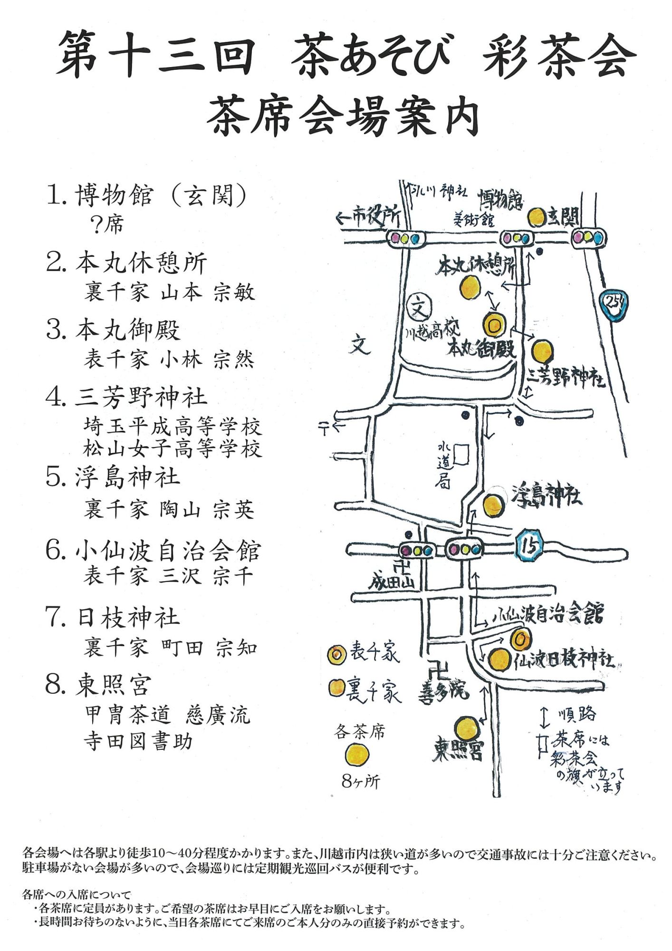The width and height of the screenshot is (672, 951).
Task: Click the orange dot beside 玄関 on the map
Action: [x=537, y=217]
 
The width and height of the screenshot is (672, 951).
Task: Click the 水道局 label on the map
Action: [x=443, y=466]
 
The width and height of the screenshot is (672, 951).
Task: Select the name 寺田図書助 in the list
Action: [x=138, y=742]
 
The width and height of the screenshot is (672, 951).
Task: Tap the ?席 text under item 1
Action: [x=108, y=224]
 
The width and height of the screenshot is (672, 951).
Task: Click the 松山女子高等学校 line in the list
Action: [x=173, y=448]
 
